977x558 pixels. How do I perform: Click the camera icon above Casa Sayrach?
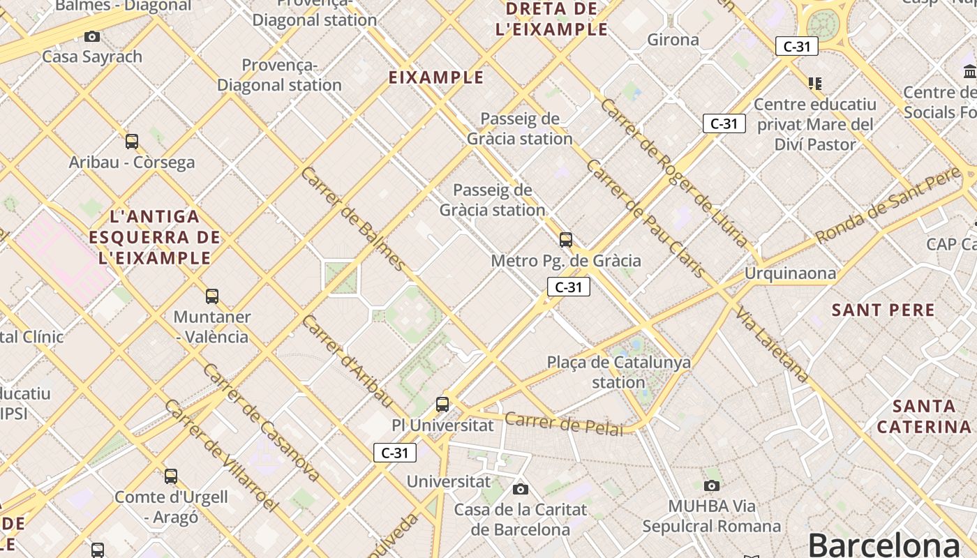coord(91,36)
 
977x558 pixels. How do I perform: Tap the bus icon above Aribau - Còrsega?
coord(132,142)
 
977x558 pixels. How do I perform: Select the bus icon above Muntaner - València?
coord(212,296)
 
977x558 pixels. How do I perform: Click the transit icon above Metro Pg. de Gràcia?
coord(566,240)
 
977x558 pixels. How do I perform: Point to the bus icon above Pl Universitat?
coord(442,404)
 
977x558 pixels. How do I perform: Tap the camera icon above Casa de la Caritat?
coord(521,489)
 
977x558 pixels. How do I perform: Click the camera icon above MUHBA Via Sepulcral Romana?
coord(712,485)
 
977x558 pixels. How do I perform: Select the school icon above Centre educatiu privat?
coord(814,84)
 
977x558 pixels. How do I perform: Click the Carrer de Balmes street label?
coord(353,218)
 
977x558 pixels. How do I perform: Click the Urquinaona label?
coord(790,273)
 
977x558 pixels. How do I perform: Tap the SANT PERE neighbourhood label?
coord(883,310)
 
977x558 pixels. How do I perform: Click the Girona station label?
coord(673,40)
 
